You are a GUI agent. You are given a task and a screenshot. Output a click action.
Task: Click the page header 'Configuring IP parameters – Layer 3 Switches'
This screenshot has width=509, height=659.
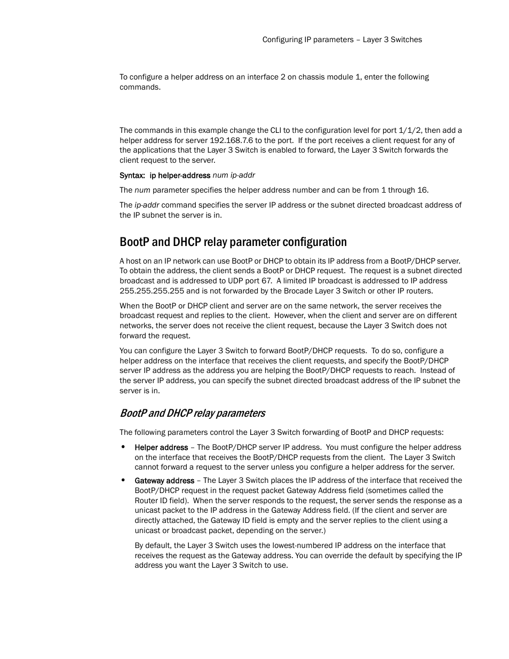click(342, 39)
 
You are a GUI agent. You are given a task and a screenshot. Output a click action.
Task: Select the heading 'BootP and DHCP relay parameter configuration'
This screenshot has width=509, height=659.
click(233, 242)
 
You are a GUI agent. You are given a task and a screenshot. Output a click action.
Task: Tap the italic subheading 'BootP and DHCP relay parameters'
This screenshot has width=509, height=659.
click(192, 413)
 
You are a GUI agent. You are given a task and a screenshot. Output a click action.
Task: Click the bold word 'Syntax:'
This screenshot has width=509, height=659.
click(132, 176)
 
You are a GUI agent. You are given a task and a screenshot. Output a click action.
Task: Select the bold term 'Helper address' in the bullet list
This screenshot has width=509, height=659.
click(161, 448)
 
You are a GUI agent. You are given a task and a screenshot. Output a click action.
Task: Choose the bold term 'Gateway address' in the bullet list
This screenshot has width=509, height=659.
click(164, 481)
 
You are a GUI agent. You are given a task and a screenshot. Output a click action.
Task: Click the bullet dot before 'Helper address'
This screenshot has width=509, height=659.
click(123, 447)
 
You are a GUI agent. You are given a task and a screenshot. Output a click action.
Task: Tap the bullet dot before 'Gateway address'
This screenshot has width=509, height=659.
click(123, 480)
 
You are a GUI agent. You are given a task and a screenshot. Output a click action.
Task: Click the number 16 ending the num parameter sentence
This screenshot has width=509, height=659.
click(423, 190)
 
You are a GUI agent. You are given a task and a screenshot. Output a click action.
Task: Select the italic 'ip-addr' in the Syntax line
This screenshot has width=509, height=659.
click(243, 176)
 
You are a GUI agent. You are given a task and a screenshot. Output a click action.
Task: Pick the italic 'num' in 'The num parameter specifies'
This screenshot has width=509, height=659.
click(142, 190)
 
